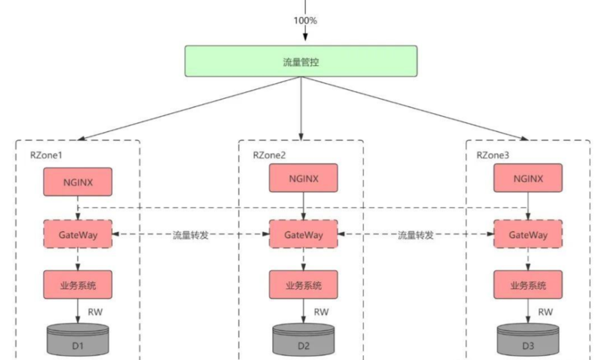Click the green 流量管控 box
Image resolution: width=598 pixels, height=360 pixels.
(301, 61)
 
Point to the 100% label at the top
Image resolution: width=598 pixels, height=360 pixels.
(305, 21)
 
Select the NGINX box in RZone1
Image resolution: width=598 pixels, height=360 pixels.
(78, 181)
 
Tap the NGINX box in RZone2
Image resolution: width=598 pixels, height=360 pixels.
(303, 178)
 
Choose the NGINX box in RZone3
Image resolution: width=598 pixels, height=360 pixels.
(528, 178)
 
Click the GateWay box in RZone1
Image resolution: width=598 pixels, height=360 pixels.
(78, 234)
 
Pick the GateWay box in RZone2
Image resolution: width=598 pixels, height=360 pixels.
(303, 234)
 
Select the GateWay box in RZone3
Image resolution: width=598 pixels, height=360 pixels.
(528, 234)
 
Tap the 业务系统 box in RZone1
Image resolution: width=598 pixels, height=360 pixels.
(78, 285)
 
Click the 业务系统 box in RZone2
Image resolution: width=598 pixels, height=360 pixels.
(303, 285)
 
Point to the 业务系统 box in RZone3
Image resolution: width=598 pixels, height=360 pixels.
(528, 285)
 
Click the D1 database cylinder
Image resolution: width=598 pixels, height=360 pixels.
(78, 341)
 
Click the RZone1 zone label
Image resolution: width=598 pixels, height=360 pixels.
(46, 155)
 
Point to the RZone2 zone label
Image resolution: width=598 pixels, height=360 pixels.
(269, 155)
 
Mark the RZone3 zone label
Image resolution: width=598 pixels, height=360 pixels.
(493, 155)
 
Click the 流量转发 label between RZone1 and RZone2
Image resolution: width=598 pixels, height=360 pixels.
(191, 235)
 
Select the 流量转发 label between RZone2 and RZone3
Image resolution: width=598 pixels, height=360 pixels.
(416, 235)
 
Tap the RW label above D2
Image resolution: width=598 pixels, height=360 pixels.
(321, 312)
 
